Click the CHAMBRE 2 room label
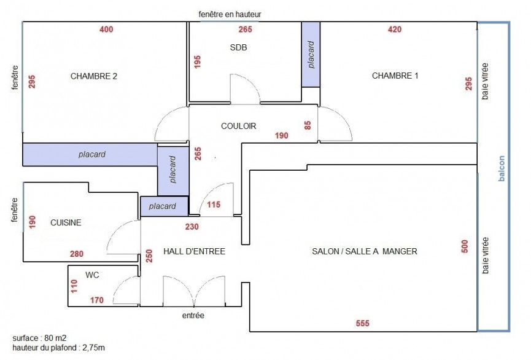94,76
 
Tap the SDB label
238,47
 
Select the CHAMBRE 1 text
395,76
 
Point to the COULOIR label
238,126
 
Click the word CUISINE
66,222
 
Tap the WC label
92,275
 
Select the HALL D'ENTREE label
194,251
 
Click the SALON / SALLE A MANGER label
365,251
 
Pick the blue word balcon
502,168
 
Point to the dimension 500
464,246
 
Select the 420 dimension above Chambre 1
395,29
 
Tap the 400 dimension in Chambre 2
106,29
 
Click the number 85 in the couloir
308,126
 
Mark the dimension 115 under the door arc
213,205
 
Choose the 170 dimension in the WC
97,300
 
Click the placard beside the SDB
311,55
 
